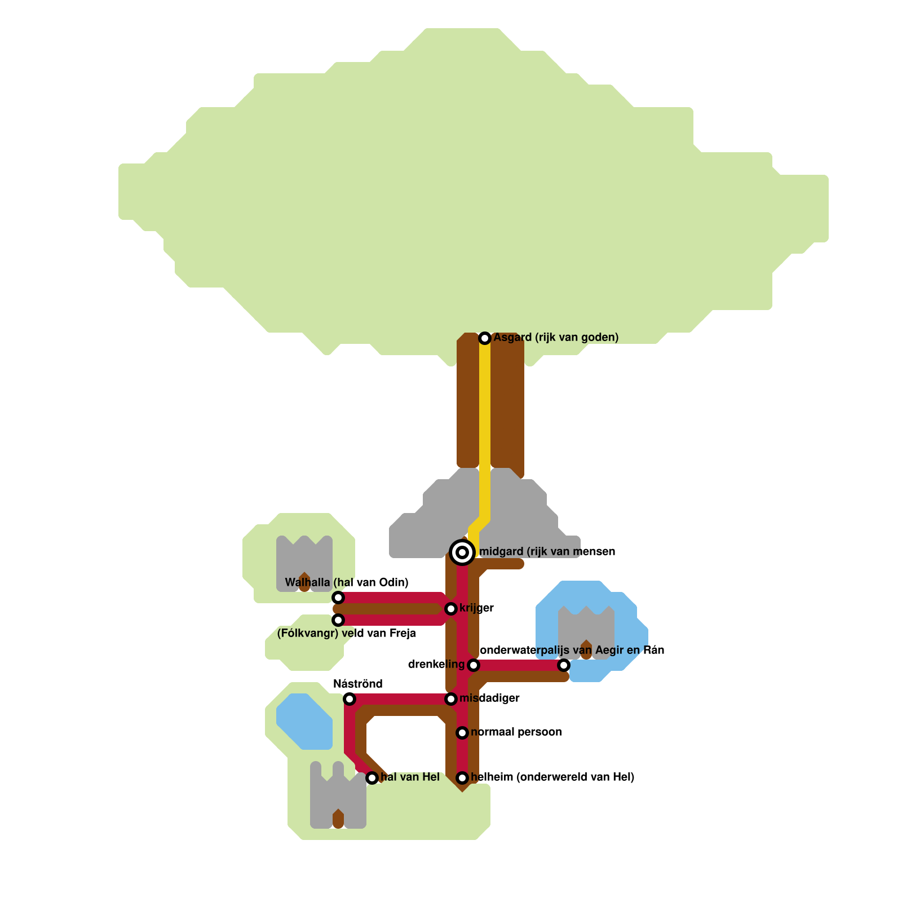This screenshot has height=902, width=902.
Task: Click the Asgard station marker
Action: [485, 338]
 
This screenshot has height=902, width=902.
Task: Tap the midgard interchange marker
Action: [462, 552]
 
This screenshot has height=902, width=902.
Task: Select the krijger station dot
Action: [451, 609]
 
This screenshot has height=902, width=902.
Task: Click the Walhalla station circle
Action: [338, 598]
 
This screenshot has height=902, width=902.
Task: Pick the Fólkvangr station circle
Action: [338, 620]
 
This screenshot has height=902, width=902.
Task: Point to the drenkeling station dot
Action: [474, 665]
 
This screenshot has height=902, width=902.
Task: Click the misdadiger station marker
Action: [451, 699]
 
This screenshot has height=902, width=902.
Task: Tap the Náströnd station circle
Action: [350, 699]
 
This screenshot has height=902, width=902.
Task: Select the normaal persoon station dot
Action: [462, 733]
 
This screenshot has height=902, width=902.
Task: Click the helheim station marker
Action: [462, 778]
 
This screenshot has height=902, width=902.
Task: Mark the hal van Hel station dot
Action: [372, 778]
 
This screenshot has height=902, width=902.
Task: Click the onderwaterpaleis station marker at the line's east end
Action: [564, 665]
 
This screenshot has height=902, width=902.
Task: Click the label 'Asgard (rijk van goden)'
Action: [556, 338]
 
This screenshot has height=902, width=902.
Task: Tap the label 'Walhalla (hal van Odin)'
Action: [347, 582]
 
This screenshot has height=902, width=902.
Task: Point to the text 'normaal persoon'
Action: [516, 732]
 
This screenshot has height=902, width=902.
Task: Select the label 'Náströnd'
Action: [358, 684]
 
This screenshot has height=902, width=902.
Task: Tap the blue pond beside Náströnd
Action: [304, 722]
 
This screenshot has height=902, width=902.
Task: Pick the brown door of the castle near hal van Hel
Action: [338, 819]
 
